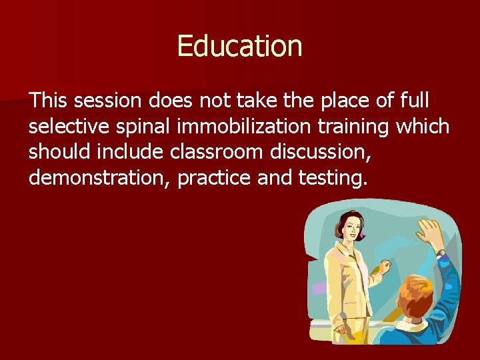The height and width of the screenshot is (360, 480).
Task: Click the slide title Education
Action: [x=239, y=46]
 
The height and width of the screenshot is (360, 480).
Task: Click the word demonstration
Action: [x=99, y=179]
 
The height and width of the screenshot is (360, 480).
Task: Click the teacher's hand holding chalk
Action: [x=384, y=269]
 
